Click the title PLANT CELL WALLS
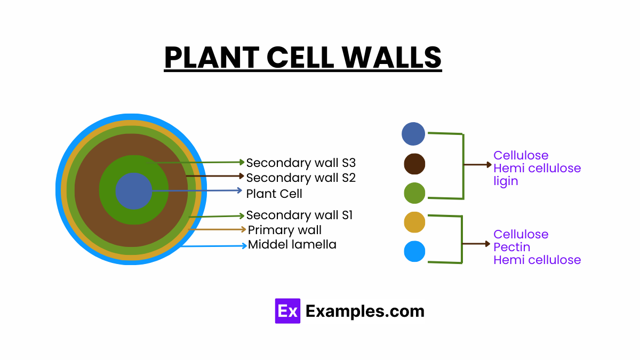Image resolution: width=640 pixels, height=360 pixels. click(302, 58)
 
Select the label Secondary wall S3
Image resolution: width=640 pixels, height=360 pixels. click(301, 163)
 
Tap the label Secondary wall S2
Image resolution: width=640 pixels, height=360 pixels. click(301, 178)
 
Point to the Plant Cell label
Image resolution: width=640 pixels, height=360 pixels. click(274, 194)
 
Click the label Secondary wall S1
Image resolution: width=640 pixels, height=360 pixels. click(299, 215)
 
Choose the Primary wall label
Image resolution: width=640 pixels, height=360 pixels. click(285, 230)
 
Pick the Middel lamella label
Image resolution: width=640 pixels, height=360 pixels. click(292, 245)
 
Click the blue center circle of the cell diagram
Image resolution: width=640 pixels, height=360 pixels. click(133, 191)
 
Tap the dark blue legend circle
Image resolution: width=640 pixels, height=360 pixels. click(413, 134)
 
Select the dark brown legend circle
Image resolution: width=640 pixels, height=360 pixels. click(414, 164)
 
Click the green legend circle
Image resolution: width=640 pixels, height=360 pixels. click(414, 193)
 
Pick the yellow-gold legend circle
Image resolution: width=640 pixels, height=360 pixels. click(414, 222)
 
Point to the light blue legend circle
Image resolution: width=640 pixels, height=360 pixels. click(414, 251)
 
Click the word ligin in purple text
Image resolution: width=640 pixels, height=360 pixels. click(506, 181)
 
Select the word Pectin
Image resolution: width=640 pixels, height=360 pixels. click(511, 247)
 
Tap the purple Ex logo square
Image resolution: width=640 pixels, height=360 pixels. click(287, 311)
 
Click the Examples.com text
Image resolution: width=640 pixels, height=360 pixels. click(365, 311)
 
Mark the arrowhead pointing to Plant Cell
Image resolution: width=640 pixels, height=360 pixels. click(239, 190)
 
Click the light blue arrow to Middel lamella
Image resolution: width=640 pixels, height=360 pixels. click(213, 246)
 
